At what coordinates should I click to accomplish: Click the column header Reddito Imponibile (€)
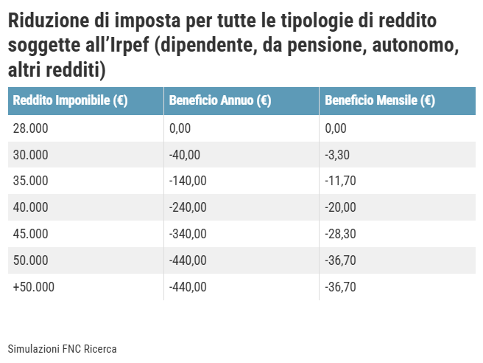[x=71, y=101]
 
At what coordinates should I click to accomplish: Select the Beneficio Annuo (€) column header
[x=219, y=101]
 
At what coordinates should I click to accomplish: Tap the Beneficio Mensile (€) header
[x=379, y=101]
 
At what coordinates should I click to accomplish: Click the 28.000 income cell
[x=30, y=128]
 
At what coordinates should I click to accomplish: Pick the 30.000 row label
[x=30, y=155]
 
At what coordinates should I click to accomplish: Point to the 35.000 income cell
[x=30, y=181]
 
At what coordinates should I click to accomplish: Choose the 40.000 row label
[x=30, y=207]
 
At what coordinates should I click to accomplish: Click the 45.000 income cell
[x=30, y=234]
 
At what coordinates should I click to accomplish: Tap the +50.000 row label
[x=34, y=287]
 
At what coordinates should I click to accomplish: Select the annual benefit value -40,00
[x=184, y=155]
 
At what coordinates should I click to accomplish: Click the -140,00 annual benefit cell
[x=187, y=181]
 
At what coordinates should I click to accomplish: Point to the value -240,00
[x=187, y=207]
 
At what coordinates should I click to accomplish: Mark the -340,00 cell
[x=187, y=234]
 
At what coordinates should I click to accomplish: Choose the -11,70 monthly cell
[x=341, y=181]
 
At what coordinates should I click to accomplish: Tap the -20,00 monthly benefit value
[x=341, y=207]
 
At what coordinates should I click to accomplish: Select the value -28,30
[x=341, y=234]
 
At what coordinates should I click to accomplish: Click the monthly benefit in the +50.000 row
[x=341, y=287]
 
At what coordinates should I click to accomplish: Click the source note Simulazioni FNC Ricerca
[x=63, y=348]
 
